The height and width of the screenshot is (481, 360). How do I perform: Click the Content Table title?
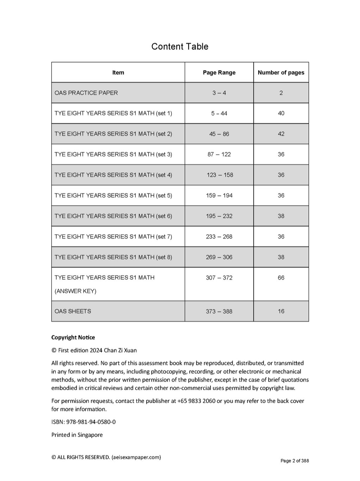point(179,47)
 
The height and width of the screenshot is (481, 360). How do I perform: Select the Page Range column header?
point(219,73)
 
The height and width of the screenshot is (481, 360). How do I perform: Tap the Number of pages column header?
point(281,73)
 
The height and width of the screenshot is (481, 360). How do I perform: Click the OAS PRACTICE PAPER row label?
point(86,93)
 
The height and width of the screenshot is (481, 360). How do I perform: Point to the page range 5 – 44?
point(219,113)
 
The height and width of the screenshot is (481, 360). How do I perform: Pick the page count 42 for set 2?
point(281,134)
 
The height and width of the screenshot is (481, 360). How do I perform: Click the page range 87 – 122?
point(219,154)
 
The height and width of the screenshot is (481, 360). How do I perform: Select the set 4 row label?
point(113,175)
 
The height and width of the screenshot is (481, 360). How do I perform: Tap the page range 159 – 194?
point(219,196)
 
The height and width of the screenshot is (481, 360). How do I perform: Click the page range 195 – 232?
point(219,216)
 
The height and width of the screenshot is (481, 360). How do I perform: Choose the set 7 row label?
point(113,236)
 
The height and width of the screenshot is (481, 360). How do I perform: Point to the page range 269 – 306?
point(219,257)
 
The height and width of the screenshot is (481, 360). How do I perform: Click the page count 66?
point(281,278)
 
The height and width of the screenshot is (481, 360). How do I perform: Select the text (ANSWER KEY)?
point(75,291)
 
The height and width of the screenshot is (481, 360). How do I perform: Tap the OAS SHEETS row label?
point(73,312)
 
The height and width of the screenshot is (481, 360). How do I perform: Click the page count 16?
point(281,312)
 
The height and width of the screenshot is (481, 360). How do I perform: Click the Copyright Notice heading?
point(73,338)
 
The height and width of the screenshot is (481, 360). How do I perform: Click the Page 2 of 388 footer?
point(295,461)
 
